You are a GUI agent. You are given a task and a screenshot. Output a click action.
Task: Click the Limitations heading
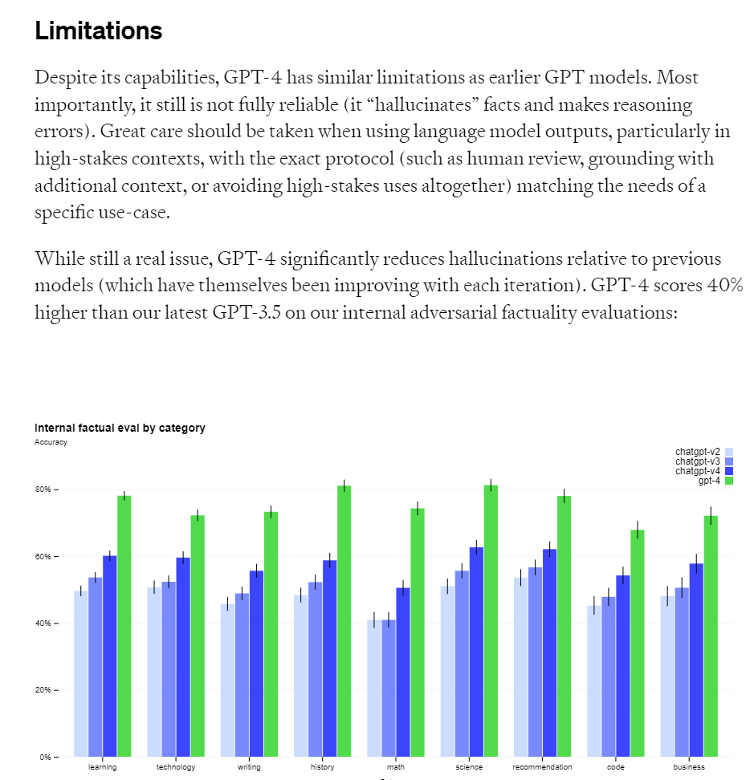coord(98,31)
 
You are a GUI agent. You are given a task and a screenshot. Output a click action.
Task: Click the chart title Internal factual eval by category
coord(120,428)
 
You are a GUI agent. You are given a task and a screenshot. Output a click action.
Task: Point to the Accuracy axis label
coord(51,442)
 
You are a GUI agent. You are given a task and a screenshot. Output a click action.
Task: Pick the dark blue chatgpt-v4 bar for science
coord(477,651)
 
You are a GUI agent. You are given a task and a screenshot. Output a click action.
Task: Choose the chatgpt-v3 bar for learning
coord(96,666)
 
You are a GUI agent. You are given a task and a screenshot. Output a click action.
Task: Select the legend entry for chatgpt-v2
coord(704,452)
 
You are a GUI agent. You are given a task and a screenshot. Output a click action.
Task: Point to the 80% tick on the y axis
coord(43,490)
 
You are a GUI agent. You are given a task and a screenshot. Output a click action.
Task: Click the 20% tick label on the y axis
coord(43,690)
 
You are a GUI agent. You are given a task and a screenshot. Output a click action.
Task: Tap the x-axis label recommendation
coord(543,767)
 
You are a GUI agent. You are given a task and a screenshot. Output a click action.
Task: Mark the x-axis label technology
coord(176,767)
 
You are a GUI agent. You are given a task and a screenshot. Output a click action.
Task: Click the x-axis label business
coord(689,767)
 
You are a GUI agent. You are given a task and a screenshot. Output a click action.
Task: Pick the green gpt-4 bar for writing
coord(271,633)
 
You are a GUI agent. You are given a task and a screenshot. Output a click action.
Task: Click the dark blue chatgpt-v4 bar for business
coord(696,659)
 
